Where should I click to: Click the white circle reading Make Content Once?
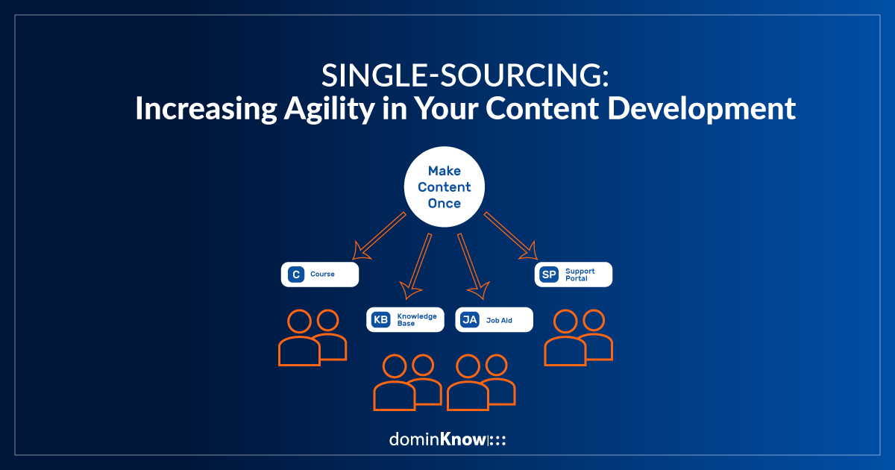[x=444, y=187]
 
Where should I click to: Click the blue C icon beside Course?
[x=296, y=275]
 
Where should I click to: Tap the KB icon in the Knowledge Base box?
[x=380, y=320]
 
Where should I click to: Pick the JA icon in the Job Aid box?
[x=469, y=320]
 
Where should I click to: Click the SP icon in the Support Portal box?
[x=549, y=275]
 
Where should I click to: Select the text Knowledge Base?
[x=417, y=320]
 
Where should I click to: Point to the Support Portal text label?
[x=580, y=275]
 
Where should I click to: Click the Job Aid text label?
[x=499, y=320]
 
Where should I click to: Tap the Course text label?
[x=322, y=275]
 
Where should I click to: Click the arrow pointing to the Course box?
[x=379, y=236]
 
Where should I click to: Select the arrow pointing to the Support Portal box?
[x=511, y=235]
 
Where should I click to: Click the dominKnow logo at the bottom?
[x=447, y=439]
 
